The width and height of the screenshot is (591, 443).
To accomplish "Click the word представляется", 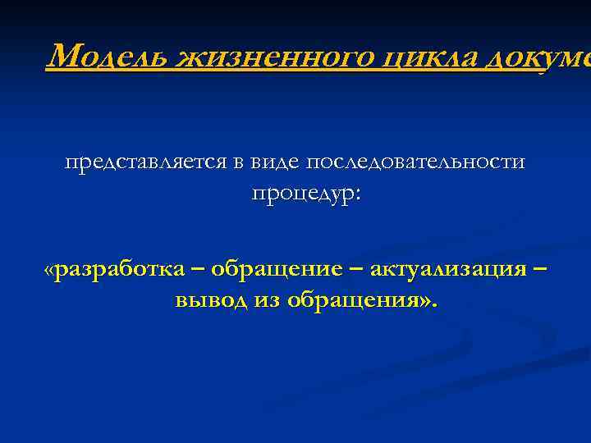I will click(145, 162).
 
